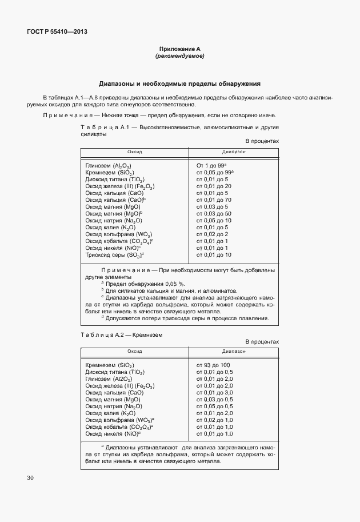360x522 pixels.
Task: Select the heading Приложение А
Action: click(179, 50)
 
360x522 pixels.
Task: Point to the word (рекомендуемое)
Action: click(179, 57)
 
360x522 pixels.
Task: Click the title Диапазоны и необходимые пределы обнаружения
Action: click(179, 83)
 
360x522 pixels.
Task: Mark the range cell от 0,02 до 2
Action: click(211, 234)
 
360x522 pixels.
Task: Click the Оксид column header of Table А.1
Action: click(135, 152)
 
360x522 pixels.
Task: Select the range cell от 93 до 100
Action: click(213, 365)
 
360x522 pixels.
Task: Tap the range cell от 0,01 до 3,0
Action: click(214, 392)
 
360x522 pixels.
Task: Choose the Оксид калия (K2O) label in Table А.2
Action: click(110, 413)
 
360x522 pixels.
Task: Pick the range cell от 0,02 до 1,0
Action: click(214, 420)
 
